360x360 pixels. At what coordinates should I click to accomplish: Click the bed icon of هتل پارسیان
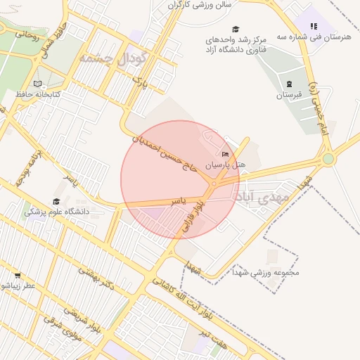pos(225,154)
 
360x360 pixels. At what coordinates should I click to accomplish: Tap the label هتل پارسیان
pos(226,165)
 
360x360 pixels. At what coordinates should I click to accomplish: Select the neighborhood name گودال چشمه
pos(113,58)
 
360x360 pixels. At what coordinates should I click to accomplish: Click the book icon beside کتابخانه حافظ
pos(37,84)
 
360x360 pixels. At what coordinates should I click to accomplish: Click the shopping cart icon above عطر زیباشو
pos(18,276)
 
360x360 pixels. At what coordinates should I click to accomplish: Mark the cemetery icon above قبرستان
pos(289,84)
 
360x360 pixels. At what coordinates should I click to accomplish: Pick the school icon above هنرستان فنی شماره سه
pos(314,26)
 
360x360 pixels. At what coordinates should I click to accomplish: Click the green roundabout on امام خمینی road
pos(328,158)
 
